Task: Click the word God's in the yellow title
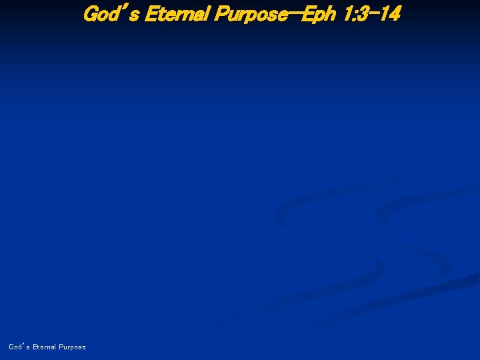tap(109, 13)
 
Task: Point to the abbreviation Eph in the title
tap(316, 13)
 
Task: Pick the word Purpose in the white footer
tap(72, 347)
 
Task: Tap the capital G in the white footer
tap(11, 347)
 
